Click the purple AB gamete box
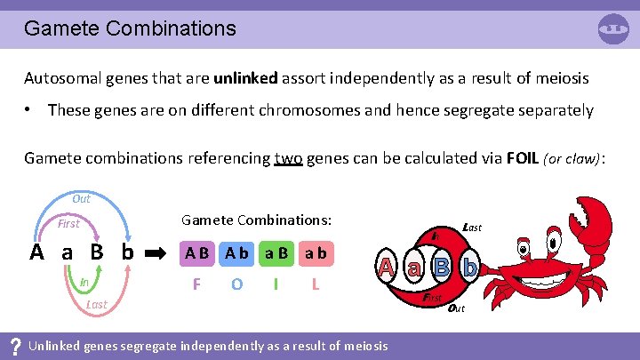tap(198, 253)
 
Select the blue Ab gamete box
tap(236, 253)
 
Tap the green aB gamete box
tap(276, 253)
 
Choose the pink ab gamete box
tap(315, 253)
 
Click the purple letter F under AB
tap(198, 285)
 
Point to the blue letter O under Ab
tap(236, 285)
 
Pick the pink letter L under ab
tap(315, 285)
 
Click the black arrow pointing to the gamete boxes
tap(157, 253)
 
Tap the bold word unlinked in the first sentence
tap(245, 77)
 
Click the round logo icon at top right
tap(613, 28)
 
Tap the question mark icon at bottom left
tap(13, 345)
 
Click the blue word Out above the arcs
tap(81, 199)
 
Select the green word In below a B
tap(84, 283)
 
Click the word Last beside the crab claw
tap(472, 228)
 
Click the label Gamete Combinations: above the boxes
tap(256, 219)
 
